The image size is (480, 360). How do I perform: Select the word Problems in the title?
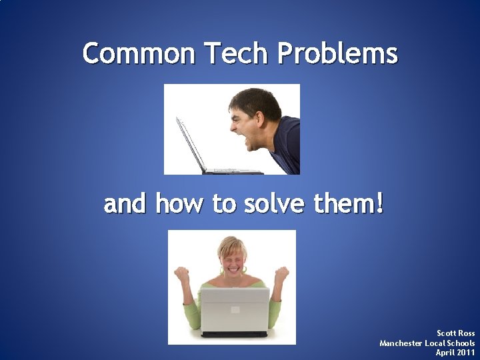pyautogui.click(x=337, y=53)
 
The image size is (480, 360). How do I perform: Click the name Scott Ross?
pyautogui.click(x=455, y=333)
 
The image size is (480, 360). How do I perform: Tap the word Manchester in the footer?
pyautogui.click(x=401, y=343)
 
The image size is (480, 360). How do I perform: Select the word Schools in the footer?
pyautogui.click(x=460, y=343)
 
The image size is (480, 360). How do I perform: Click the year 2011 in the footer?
pyautogui.click(x=465, y=352)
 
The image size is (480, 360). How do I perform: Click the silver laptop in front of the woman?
pyautogui.click(x=235, y=310)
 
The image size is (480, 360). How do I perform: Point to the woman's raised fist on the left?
pyautogui.click(x=181, y=273)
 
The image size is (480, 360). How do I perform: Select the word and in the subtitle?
pyautogui.click(x=125, y=203)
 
